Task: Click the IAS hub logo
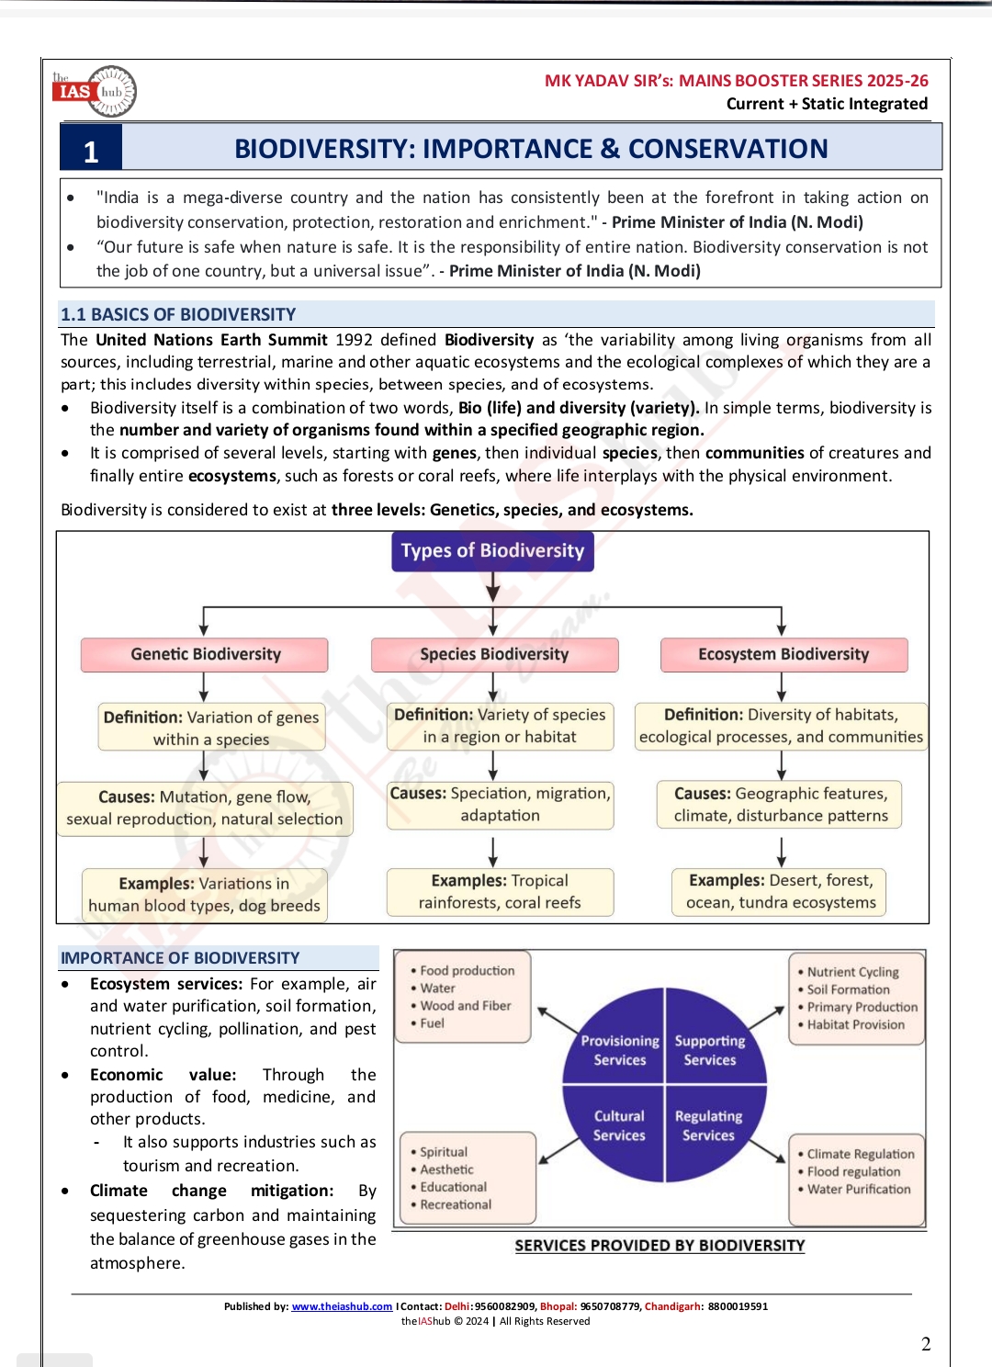click(95, 91)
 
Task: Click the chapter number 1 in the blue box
click(91, 152)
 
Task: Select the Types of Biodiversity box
click(492, 551)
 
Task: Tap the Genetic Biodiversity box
click(205, 654)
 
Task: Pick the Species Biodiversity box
click(494, 654)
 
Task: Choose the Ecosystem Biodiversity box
click(783, 654)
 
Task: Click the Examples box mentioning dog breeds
click(204, 895)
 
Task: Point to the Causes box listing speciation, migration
click(500, 805)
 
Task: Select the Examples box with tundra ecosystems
click(781, 892)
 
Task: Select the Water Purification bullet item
click(859, 1189)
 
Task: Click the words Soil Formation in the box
click(848, 989)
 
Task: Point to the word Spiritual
click(444, 1152)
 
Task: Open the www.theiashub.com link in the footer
click(342, 1306)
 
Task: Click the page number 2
click(926, 1344)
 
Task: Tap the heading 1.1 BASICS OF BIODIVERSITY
click(178, 314)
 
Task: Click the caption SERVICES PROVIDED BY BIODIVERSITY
click(659, 1246)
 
